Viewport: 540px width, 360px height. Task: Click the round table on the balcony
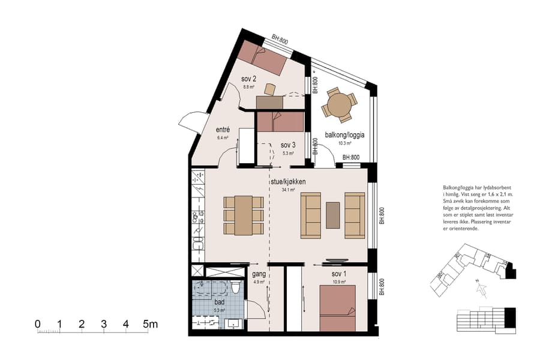(339, 106)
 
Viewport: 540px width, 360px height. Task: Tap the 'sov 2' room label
(249, 79)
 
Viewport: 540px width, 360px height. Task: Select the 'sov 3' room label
(288, 145)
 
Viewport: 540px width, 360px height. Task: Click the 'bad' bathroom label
(220, 302)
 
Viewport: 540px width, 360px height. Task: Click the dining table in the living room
(244, 215)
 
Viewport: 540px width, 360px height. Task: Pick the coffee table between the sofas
(332, 215)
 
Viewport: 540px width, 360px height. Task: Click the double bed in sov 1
(337, 308)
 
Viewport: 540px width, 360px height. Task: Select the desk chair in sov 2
(270, 89)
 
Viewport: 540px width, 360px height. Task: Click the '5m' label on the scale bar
(150, 325)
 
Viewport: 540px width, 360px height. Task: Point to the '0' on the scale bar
(38, 325)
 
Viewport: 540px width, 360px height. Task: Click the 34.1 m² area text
(289, 190)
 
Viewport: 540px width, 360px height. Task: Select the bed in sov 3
(280, 122)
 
